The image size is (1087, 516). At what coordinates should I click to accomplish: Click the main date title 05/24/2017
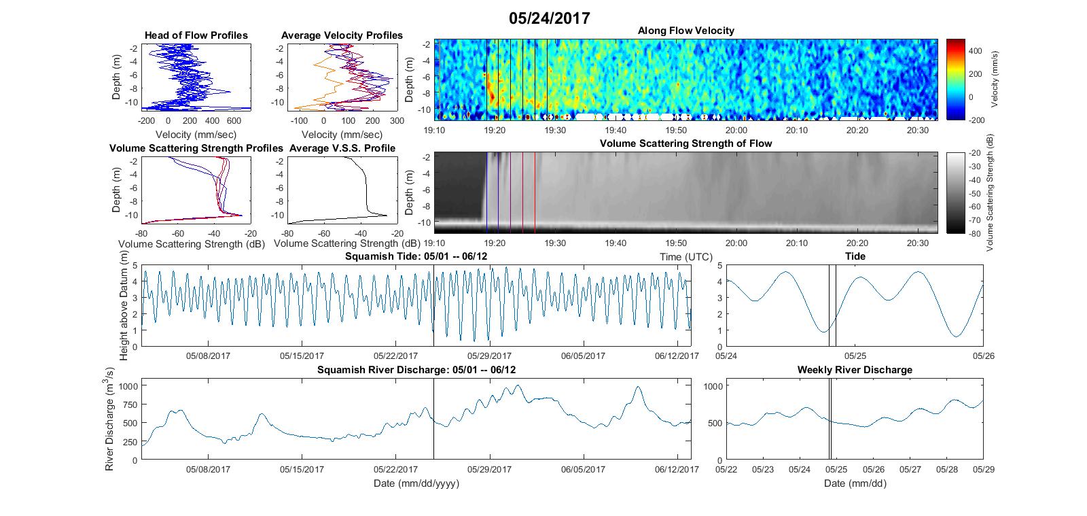pyautogui.click(x=550, y=18)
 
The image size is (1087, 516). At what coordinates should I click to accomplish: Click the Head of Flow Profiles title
pyautogui.click(x=196, y=35)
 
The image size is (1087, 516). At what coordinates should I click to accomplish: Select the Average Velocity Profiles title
pyautogui.click(x=342, y=35)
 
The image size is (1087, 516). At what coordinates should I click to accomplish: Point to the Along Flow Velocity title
pyautogui.click(x=685, y=31)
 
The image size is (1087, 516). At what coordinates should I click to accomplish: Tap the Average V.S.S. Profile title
pyautogui.click(x=342, y=148)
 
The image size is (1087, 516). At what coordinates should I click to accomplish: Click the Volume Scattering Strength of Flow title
pyautogui.click(x=685, y=143)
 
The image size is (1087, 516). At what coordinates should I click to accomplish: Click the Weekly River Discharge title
pyautogui.click(x=855, y=370)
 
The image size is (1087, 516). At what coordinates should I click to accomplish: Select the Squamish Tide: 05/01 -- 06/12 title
pyautogui.click(x=416, y=256)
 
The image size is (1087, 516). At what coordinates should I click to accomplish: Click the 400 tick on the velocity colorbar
pyautogui.click(x=975, y=51)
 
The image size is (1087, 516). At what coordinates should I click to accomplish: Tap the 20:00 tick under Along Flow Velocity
pyautogui.click(x=736, y=130)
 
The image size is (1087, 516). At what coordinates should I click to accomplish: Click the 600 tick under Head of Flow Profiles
pyautogui.click(x=234, y=121)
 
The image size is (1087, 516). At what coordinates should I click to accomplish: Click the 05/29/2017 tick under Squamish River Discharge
pyautogui.click(x=489, y=469)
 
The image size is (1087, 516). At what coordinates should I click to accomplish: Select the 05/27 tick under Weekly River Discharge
pyautogui.click(x=910, y=469)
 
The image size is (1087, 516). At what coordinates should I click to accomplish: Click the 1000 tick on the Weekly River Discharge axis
pyautogui.click(x=713, y=386)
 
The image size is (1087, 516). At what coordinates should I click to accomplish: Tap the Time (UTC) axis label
pyautogui.click(x=685, y=257)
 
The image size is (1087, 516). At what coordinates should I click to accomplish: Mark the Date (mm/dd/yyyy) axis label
pyautogui.click(x=416, y=483)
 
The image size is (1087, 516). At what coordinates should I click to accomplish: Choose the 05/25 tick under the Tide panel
pyautogui.click(x=855, y=356)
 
